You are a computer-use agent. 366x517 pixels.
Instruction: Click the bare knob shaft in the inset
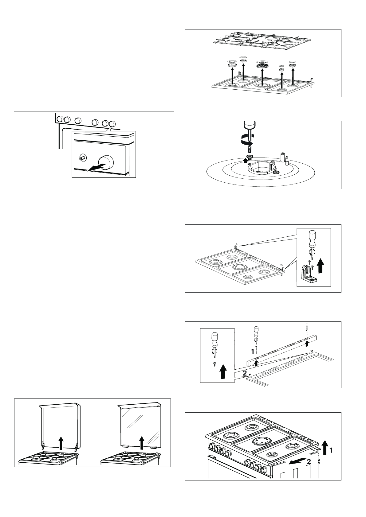(x=82, y=157)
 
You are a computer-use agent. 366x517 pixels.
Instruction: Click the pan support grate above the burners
(x=262, y=40)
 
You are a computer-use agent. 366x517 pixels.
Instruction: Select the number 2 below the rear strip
(x=245, y=373)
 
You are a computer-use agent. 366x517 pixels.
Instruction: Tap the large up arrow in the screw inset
(x=223, y=371)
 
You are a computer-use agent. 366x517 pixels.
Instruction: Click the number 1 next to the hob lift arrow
(x=331, y=450)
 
